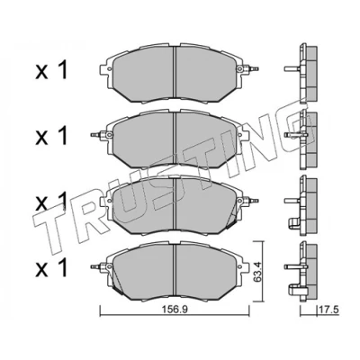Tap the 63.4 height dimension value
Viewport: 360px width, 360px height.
click(x=257, y=272)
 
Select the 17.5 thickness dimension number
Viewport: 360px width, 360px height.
click(x=329, y=310)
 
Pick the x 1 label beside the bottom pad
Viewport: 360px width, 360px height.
click(x=50, y=267)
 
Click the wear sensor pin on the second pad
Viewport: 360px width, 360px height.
click(x=96, y=135)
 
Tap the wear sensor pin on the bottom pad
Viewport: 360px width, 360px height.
click(x=96, y=266)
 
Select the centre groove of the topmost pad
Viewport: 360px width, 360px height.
click(x=175, y=74)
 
